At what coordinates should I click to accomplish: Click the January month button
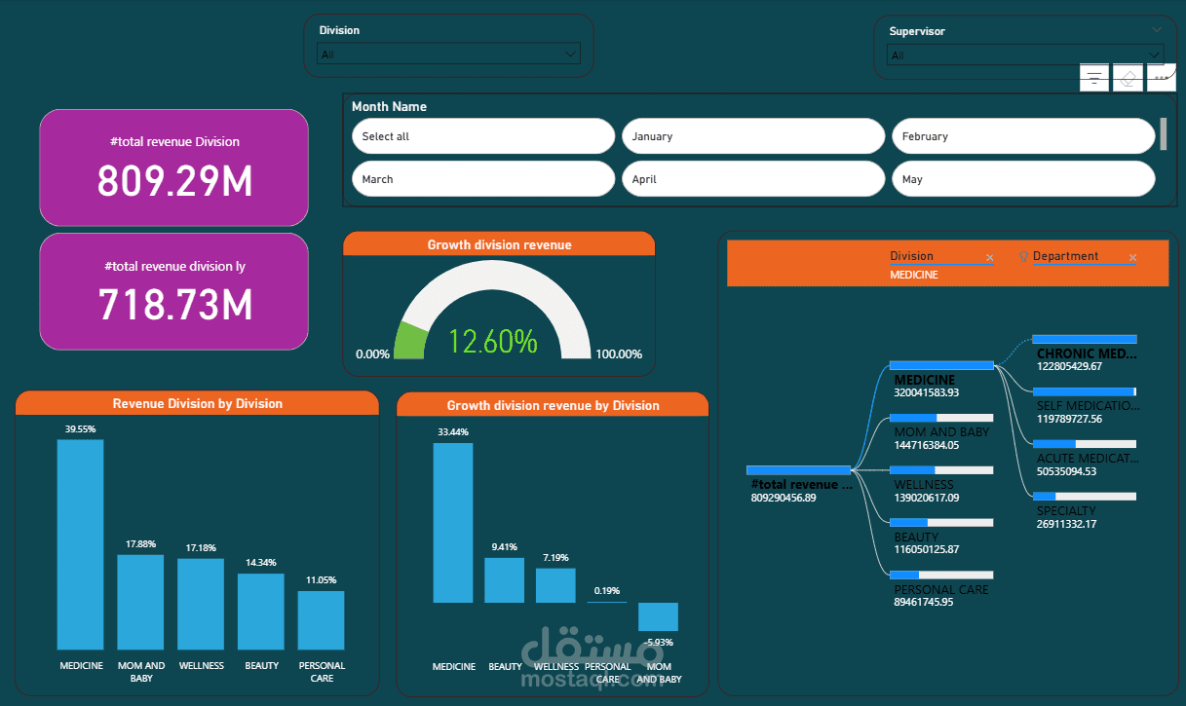tap(752, 136)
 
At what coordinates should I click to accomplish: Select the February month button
tap(1022, 136)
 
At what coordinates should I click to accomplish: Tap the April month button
tap(752, 179)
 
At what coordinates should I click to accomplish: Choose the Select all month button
tap(482, 136)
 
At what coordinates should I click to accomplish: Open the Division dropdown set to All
tap(449, 55)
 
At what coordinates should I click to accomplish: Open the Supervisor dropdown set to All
tap(1024, 56)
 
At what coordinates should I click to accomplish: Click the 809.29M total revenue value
tap(174, 181)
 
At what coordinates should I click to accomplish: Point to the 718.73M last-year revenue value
tap(174, 305)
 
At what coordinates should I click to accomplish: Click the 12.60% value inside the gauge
tap(492, 342)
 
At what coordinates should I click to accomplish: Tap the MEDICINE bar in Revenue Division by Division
tap(81, 544)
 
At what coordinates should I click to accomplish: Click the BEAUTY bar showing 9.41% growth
tap(504, 580)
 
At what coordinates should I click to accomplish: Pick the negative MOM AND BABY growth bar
tap(658, 616)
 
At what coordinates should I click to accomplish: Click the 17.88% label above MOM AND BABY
tap(140, 544)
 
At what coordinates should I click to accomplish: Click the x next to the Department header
tap(1132, 258)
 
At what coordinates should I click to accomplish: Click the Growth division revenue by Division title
tap(553, 405)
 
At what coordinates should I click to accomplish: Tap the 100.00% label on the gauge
tap(618, 353)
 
